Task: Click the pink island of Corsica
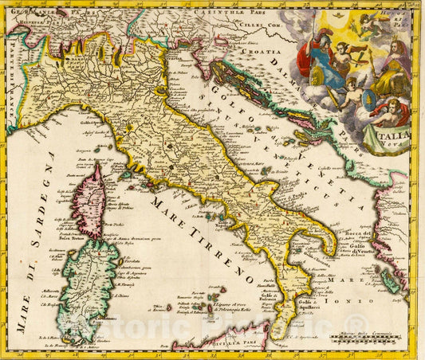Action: [x=88, y=202]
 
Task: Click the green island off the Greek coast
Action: [x=390, y=280]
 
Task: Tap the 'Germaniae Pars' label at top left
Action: [x=32, y=12]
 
